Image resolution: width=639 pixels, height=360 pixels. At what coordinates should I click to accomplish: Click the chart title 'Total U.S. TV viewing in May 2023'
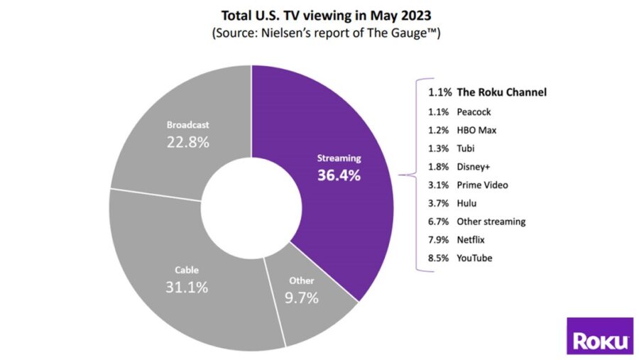pyautogui.click(x=319, y=16)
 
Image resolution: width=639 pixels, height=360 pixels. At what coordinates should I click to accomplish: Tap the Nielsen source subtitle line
pyautogui.click(x=319, y=33)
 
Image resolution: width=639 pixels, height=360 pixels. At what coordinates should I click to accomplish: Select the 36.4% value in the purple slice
pyautogui.click(x=339, y=175)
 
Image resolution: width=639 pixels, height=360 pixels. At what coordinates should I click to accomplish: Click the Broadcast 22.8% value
pyautogui.click(x=187, y=142)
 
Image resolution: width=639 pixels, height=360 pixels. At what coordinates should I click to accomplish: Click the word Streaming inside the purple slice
pyautogui.click(x=339, y=158)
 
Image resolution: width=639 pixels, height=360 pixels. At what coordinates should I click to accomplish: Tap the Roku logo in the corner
pyautogui.click(x=600, y=336)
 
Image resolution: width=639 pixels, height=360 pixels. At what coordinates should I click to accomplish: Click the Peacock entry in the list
pyautogui.click(x=474, y=111)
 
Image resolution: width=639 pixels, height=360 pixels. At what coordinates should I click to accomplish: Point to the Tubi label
pyautogui.click(x=466, y=148)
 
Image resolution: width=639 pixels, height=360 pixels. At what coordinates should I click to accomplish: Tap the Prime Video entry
pyautogui.click(x=482, y=185)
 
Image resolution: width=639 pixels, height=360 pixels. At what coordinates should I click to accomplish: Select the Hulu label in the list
pyautogui.click(x=466, y=203)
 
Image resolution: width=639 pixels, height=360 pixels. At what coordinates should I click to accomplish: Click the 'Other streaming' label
pyautogui.click(x=491, y=222)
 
